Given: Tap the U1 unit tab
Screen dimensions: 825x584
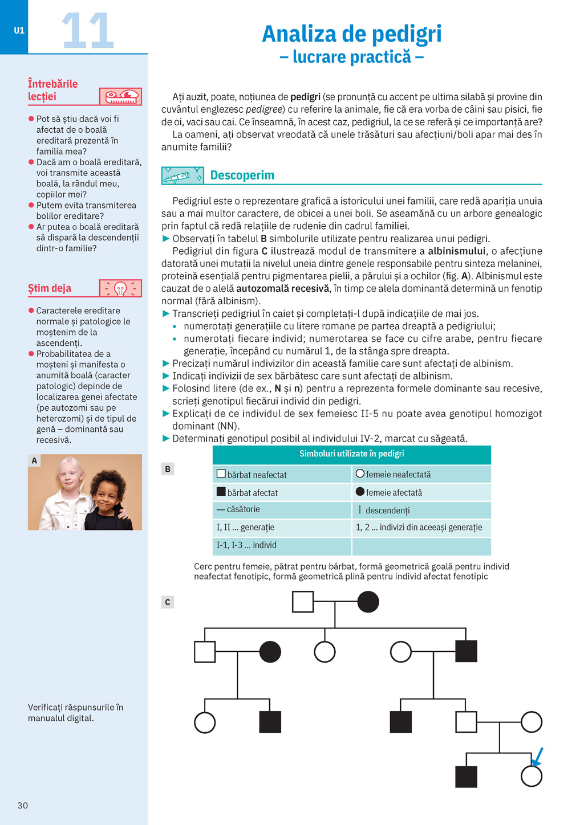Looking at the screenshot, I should (19, 30).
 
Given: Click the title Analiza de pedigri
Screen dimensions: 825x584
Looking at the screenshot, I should (351, 34).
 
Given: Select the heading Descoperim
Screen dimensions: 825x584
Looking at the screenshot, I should (242, 175).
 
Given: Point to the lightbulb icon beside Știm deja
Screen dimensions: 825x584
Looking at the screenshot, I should (120, 288).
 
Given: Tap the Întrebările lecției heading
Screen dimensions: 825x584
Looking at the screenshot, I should (52, 90).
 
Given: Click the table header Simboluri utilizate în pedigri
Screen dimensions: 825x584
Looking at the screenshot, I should (351, 454).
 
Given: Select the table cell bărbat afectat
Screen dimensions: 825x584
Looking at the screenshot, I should (252, 492).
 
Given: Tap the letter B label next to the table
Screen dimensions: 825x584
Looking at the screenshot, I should (168, 469).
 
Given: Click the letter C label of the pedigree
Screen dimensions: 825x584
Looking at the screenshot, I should (168, 602).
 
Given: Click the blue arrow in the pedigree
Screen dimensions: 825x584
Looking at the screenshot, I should (537, 757).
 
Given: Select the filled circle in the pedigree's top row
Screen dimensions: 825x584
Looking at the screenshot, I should (368, 602).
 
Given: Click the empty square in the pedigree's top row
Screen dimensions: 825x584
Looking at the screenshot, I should (303, 602).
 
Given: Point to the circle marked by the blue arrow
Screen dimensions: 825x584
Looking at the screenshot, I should (532, 776).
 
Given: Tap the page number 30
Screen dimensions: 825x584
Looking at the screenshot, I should (23, 805).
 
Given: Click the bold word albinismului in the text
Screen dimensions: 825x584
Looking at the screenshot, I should (457, 251).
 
